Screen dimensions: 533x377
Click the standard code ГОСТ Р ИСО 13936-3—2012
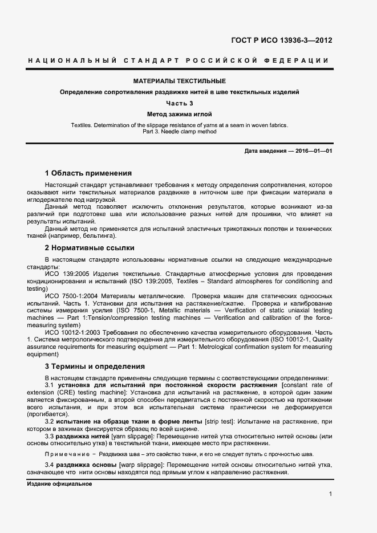tap(281, 40)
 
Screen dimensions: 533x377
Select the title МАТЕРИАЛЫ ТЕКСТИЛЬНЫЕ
tap(180, 82)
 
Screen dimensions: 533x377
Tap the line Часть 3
tap(180, 103)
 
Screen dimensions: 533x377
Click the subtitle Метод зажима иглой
tap(180, 114)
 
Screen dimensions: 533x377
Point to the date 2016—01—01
tap(313, 150)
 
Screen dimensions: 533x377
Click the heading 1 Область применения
tap(88, 173)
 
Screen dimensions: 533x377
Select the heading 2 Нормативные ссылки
tap(90, 248)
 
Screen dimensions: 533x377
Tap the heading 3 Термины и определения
tap(95, 367)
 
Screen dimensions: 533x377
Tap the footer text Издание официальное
tap(59, 483)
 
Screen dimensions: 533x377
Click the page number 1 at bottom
tap(330, 494)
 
